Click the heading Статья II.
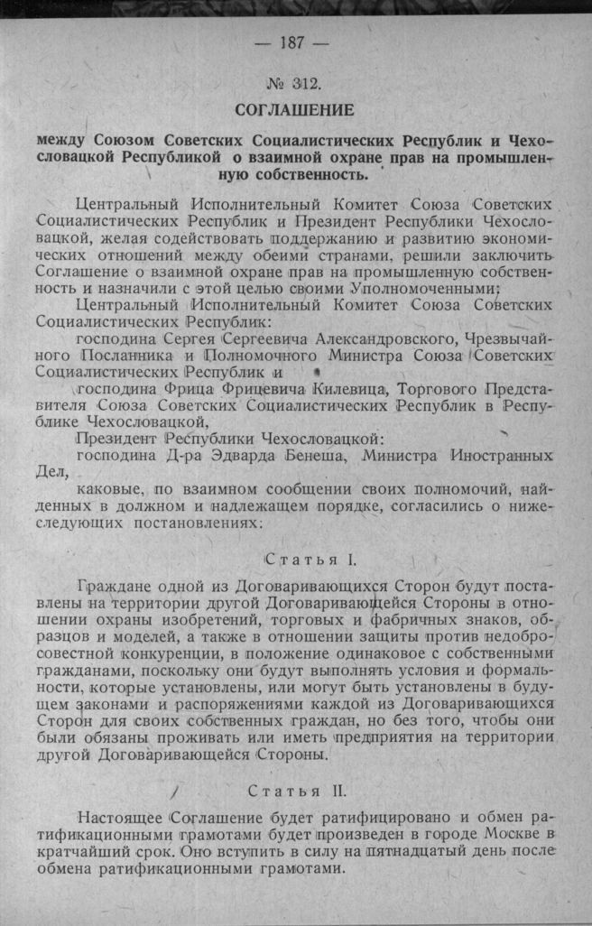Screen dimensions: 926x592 296,793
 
